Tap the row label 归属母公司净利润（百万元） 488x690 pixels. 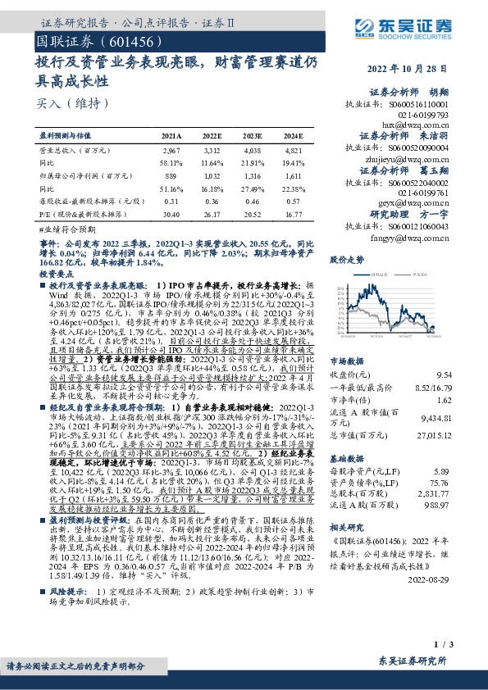pos(81,175)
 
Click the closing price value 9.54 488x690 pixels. pos(443,375)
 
